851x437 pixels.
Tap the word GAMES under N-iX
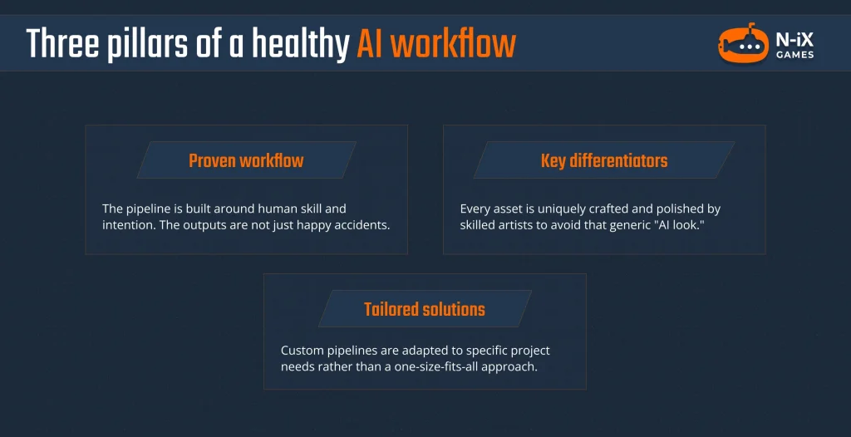[x=795, y=56]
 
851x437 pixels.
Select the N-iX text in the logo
[x=794, y=38]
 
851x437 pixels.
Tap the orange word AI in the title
[x=371, y=44]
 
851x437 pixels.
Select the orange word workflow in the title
[x=453, y=44]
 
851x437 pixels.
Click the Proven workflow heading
[x=246, y=160]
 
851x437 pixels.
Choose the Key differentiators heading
[x=604, y=160]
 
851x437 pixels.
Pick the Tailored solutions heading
[x=425, y=310]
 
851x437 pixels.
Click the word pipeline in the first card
[x=152, y=209]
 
